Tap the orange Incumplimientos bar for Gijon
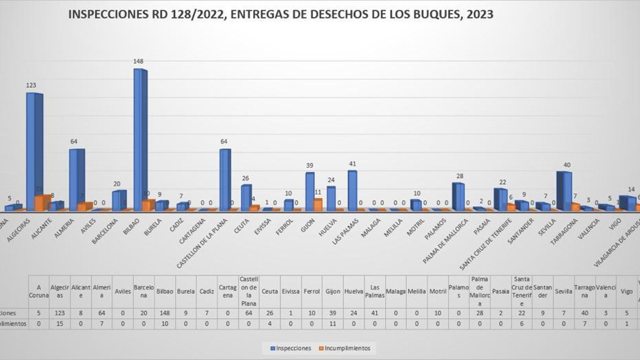click(318, 204)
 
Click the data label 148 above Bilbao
click(138, 61)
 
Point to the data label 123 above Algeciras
click(31, 85)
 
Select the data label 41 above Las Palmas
click(352, 164)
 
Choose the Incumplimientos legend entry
click(344, 348)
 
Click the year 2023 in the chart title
click(479, 14)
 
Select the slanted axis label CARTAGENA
click(192, 231)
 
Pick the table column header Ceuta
click(270, 291)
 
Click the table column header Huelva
click(354, 291)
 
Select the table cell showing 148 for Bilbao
click(165, 313)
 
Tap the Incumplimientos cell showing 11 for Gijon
click(332, 324)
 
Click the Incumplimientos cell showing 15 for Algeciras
click(60, 324)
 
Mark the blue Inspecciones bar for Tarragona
click(564, 190)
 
